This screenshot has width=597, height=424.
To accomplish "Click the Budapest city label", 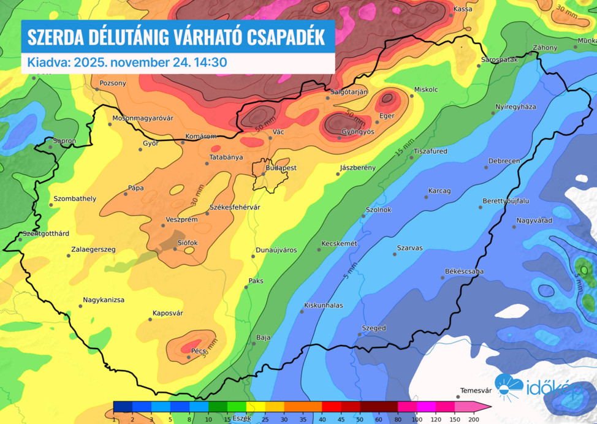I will pos(281,168).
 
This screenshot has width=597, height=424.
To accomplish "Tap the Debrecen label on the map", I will pos(504,161).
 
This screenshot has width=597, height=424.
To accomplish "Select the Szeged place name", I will pos(374,328).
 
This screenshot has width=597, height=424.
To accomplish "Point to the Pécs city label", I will pos(199,351).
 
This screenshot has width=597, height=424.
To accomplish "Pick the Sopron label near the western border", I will pos(64,141).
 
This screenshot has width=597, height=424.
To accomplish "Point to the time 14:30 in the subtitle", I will pos(213,62).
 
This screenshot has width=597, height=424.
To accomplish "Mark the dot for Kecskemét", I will pos(319,249).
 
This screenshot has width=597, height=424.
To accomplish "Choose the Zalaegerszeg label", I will pos(93,250).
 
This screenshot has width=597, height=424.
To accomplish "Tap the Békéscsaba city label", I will pos(464,271).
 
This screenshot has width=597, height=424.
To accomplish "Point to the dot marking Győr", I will pos(140,150).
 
